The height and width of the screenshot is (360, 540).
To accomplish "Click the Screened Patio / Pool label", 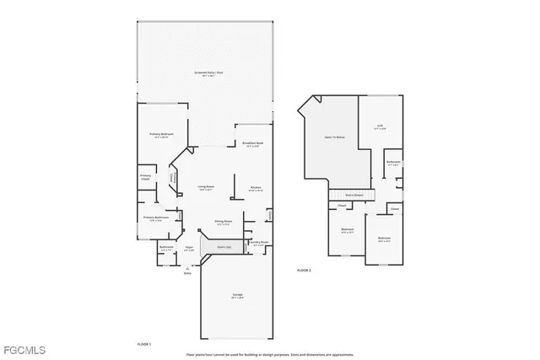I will (207, 73).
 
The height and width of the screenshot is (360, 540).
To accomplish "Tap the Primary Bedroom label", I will (162, 135).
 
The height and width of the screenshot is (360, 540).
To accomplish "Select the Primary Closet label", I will (145, 177).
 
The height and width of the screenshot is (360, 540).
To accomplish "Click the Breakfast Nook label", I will (252, 144).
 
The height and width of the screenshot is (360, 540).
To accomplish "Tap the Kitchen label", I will (255, 188).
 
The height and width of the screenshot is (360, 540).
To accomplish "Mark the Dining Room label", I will (224, 223).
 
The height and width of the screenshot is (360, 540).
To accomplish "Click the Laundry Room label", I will (259, 244).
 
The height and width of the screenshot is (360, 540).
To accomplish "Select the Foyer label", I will (190, 249).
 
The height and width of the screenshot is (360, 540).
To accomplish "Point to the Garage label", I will (238, 295).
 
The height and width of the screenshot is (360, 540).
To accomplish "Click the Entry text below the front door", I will (187, 274).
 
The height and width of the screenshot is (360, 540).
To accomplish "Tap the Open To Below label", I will (334, 137).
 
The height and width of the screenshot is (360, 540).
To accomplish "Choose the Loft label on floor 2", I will (381, 127).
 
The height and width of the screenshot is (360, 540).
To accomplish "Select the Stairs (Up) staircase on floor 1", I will (226, 247).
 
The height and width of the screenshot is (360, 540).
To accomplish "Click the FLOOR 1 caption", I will (144, 344).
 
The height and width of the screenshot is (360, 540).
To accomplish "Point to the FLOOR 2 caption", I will (304, 270).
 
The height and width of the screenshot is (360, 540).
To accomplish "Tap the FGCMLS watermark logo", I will (24, 349).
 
